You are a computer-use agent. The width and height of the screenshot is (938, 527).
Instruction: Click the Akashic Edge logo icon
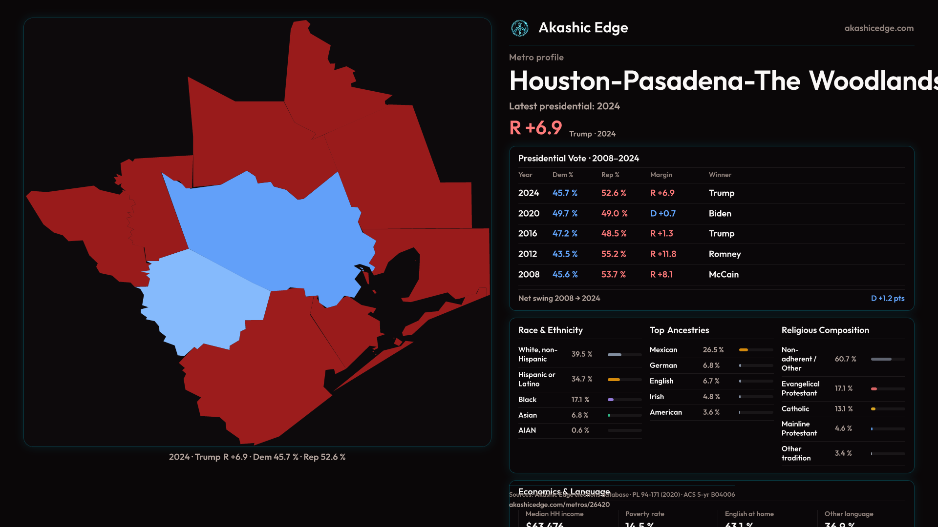point(520,28)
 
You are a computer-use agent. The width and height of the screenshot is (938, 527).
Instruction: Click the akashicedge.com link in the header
point(879,28)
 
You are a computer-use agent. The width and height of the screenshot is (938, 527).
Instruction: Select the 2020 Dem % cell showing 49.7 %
point(565,213)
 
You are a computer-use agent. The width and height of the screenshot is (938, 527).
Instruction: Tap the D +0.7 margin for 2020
point(663,213)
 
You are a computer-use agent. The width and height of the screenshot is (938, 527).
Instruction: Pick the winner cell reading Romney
point(725,254)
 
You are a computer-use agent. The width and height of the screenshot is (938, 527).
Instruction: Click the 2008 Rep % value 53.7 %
point(614,274)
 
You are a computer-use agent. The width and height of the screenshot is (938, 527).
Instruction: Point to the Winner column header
point(720,175)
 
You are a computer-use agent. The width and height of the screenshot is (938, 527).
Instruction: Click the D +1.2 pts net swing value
point(888,298)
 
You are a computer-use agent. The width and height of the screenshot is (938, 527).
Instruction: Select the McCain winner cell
point(724,274)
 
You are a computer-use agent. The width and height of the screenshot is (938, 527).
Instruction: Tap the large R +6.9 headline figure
point(535,128)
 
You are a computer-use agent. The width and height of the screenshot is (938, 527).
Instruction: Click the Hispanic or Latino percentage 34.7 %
point(582,379)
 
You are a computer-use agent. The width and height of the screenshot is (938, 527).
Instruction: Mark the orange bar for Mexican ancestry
point(744,350)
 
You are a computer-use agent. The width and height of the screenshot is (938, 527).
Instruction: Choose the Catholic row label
point(795,409)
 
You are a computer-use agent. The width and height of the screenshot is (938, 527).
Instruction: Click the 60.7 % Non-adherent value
point(845,359)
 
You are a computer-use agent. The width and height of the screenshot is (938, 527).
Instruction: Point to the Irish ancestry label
point(657,397)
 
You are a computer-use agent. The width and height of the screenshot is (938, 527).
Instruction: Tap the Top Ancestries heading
point(679,330)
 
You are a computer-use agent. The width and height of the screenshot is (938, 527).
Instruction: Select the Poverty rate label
point(644,514)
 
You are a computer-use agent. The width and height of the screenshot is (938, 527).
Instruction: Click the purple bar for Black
point(611,400)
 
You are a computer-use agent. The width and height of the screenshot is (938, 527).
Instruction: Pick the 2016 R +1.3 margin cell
point(661,233)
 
